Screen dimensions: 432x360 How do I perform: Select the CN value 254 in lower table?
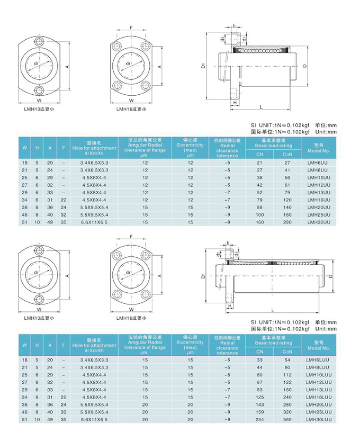259,420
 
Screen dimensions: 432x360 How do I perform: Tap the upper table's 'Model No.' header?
318,147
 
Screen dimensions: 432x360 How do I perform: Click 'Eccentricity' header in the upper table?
191,145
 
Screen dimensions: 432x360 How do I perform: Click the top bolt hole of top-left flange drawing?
39,41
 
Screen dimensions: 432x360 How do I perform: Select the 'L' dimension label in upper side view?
260,107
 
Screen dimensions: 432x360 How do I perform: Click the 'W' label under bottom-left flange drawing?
39,309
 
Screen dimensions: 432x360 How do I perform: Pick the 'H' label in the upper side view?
234,103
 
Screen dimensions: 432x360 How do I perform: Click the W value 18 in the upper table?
24,162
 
